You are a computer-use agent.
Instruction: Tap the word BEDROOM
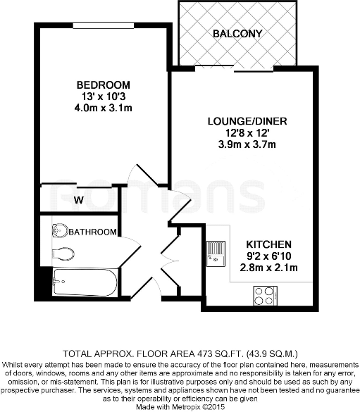(x=103, y=86)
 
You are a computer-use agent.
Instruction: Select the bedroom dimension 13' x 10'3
(x=103, y=97)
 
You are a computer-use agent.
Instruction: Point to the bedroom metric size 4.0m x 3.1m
(x=103, y=108)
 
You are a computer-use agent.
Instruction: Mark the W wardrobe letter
(x=79, y=200)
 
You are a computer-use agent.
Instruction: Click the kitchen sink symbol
(x=214, y=251)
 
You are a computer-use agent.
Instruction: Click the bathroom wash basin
(x=61, y=230)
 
